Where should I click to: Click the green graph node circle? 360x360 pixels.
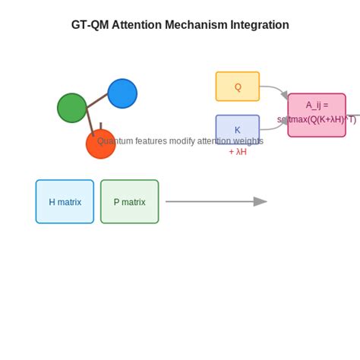(71, 108)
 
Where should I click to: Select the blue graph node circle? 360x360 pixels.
(122, 93)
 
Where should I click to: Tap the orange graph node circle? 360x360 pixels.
(100, 144)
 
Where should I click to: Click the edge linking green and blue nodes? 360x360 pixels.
(96, 101)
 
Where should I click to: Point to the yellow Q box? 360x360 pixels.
(237, 87)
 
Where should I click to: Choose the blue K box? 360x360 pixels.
(237, 127)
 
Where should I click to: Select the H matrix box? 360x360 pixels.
(65, 202)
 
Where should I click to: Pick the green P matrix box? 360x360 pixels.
(129, 202)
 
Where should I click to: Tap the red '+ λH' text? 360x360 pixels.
(238, 152)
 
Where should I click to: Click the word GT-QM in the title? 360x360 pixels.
(90, 25)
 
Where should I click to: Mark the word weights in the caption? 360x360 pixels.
(247, 141)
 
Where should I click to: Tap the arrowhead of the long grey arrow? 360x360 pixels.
(261, 201)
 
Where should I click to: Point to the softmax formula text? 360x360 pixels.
(317, 120)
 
